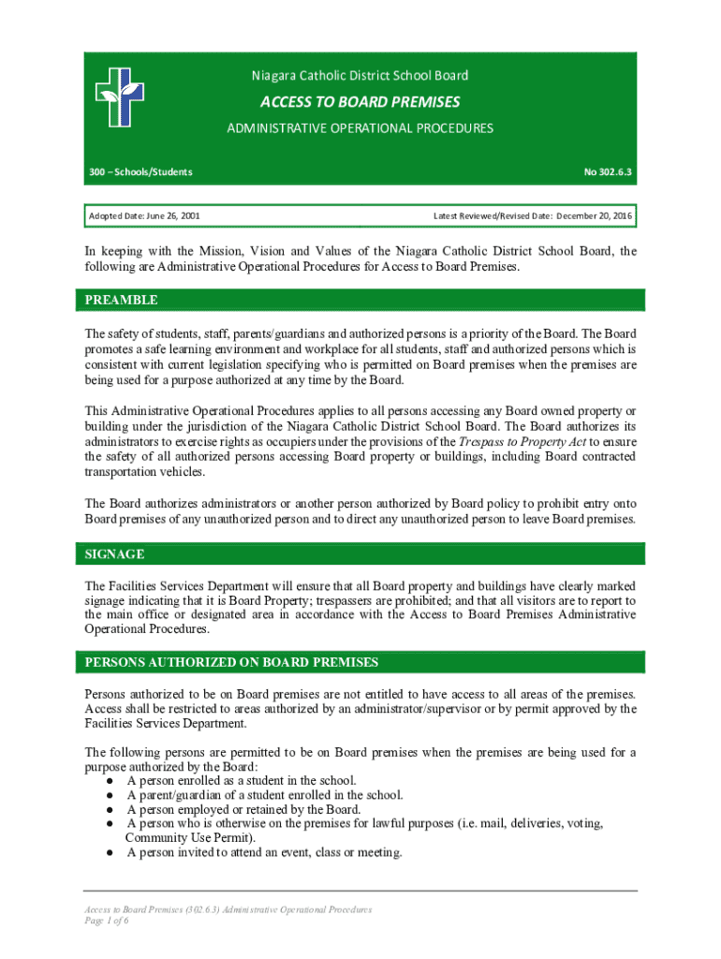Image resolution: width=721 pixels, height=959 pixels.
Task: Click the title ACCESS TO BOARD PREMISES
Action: point(360,101)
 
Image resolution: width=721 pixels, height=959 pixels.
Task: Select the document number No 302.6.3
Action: point(608,171)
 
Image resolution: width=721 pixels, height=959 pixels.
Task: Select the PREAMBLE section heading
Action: point(122,301)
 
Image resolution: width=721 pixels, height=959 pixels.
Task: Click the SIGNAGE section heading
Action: point(115,554)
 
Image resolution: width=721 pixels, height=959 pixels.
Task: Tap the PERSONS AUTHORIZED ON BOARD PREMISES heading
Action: point(231,662)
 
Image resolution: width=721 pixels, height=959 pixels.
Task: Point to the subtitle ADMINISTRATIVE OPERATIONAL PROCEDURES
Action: point(360,128)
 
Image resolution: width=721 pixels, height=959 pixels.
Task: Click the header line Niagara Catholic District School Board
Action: point(360,75)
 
